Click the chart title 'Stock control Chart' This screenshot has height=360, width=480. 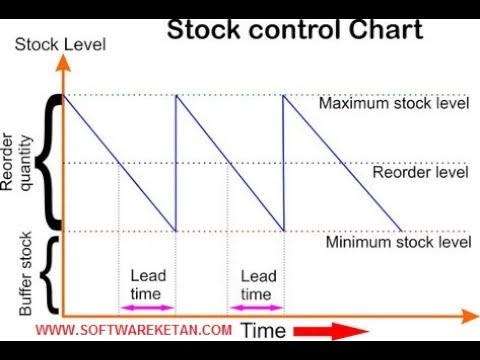pos(294,30)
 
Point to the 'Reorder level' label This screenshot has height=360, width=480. pos(420,172)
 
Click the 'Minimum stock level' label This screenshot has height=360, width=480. pos(398,241)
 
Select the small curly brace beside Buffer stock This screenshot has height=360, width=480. pos(51,271)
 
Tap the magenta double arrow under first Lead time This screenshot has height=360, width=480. pos(147,307)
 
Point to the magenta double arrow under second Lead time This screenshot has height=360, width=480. pos(256,307)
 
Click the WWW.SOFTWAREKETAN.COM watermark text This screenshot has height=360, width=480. pos(135,329)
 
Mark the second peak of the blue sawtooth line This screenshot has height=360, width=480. pos(176,96)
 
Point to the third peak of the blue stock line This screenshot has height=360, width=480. pos(285,96)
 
